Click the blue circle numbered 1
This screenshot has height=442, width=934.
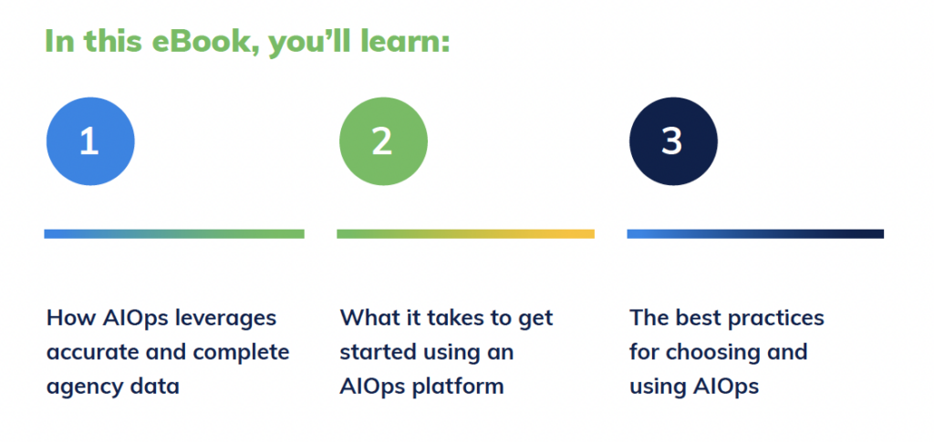(x=90, y=141)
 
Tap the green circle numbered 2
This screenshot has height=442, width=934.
(x=383, y=141)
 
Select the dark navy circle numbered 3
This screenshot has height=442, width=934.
(x=673, y=141)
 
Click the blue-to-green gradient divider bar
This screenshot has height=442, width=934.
(x=174, y=234)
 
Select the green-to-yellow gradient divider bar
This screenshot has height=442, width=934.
(x=465, y=234)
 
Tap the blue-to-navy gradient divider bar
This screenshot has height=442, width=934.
(x=755, y=234)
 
